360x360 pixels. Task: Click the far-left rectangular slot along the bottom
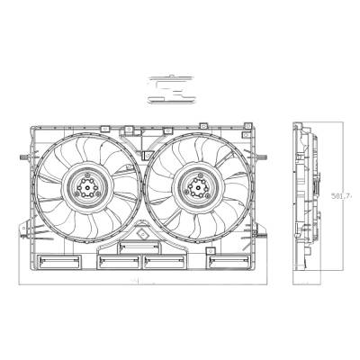(x=59, y=262)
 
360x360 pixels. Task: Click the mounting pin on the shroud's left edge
(x=19, y=158)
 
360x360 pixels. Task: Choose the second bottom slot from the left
(x=115, y=262)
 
